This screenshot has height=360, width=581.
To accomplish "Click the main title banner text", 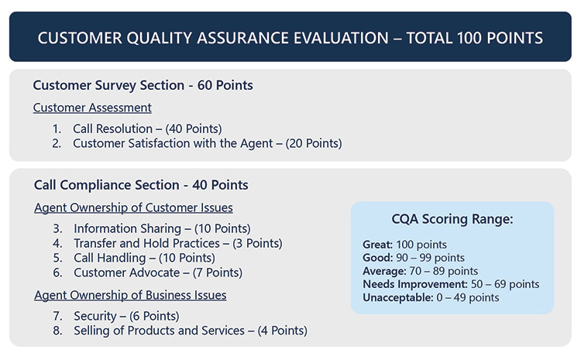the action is click(290, 38).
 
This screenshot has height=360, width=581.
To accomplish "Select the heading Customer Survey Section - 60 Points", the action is click(143, 85).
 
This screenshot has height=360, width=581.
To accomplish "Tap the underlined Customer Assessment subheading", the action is click(92, 108).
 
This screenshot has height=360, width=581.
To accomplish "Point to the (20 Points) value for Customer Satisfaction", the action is click(314, 143).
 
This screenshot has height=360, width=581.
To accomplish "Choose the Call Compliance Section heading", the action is click(141, 185).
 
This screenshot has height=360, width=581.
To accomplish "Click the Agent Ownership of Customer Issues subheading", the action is click(133, 207).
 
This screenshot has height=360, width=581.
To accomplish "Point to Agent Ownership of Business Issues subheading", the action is click(130, 295).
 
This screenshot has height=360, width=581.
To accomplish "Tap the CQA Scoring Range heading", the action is click(452, 219).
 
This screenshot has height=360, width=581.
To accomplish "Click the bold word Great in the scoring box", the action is click(377, 245).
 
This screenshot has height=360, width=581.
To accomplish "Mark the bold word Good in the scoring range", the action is click(377, 258).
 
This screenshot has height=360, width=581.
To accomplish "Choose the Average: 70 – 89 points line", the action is click(420, 271).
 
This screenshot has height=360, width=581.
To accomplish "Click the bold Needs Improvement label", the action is click(415, 284).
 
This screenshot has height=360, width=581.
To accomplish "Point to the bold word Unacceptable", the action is click(398, 298).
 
